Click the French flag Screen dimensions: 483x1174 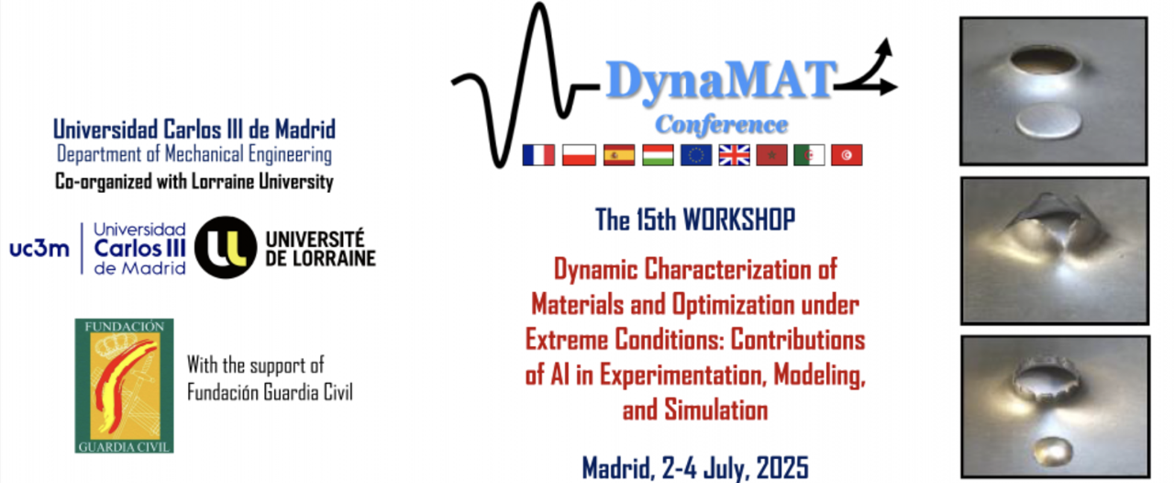point(538,155)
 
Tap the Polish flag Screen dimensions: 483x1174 point(578,155)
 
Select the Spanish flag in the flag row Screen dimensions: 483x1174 point(617,155)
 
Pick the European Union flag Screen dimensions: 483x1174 point(695,155)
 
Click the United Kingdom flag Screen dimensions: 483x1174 point(734,155)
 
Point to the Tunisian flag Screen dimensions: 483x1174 point(847,155)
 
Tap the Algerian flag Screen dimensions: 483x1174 point(809,155)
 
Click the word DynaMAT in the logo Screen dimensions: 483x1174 point(721,81)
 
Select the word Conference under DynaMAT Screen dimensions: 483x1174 point(721,124)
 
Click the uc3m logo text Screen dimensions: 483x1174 point(39,248)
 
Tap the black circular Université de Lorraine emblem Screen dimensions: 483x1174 point(226,247)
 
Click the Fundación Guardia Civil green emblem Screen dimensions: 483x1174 point(124,386)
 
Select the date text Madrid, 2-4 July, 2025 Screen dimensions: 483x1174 point(695,466)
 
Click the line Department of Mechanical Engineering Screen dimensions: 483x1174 point(194,154)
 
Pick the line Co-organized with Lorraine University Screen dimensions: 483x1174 point(194,182)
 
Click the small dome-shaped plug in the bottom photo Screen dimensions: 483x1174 point(1052,450)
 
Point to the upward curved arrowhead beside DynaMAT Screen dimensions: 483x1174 point(886,46)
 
